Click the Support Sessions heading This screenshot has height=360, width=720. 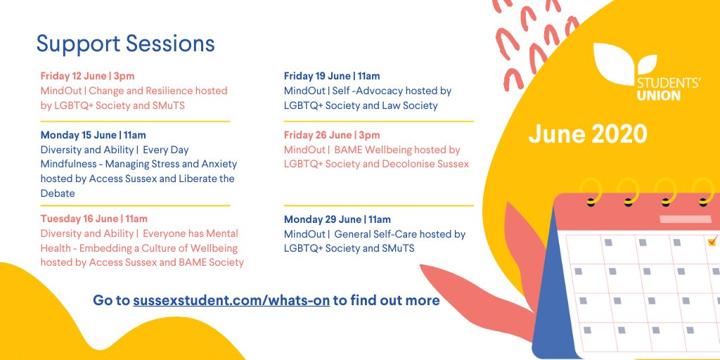125,44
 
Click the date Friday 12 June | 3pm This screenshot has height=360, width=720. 87,76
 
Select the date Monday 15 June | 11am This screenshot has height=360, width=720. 94,135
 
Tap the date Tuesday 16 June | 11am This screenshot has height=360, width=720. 94,219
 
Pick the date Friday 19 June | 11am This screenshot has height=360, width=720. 332,76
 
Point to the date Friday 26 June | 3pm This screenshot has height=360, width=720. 332,135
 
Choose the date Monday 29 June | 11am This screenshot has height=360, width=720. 337,219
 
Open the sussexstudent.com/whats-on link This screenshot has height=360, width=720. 231,301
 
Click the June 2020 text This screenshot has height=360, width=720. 588,134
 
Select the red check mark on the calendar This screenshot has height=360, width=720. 712,241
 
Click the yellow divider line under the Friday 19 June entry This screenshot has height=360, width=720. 378,121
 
